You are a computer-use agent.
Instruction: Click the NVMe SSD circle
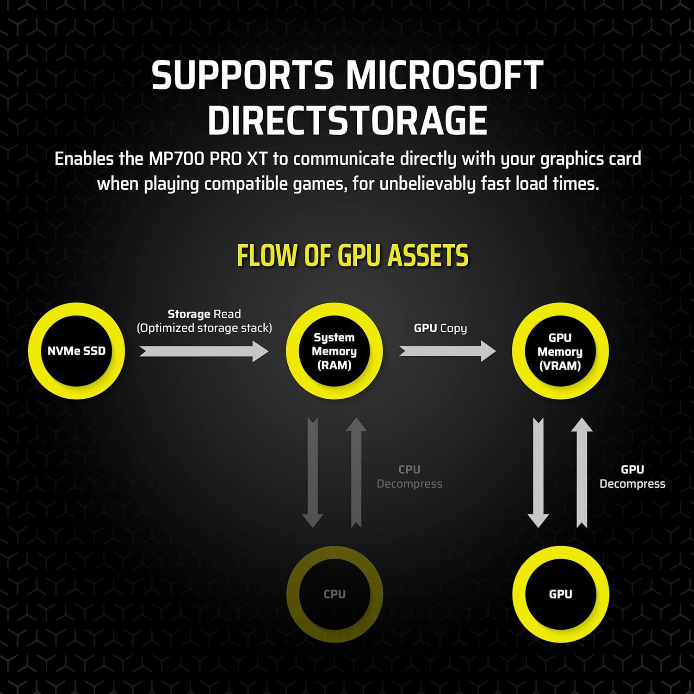pyautogui.click(x=76, y=351)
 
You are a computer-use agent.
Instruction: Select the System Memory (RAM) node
pyautogui.click(x=334, y=351)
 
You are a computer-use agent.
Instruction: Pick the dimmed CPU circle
pyautogui.click(x=335, y=594)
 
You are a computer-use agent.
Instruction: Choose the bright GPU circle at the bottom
pyautogui.click(x=560, y=594)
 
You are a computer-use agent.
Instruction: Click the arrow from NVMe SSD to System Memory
pyautogui.click(x=204, y=352)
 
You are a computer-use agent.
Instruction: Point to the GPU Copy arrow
pyautogui.click(x=447, y=352)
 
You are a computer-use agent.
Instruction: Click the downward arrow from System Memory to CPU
pyautogui.click(x=313, y=472)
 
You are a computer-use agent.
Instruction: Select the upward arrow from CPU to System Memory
pyautogui.click(x=356, y=472)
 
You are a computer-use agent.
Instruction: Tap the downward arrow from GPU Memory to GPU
pyautogui.click(x=538, y=472)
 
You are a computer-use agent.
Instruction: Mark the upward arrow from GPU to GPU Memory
pyautogui.click(x=582, y=472)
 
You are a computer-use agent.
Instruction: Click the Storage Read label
pyautogui.click(x=204, y=315)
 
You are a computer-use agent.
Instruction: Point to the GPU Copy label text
pyautogui.click(x=440, y=328)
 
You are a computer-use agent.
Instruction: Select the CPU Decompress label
pyautogui.click(x=409, y=477)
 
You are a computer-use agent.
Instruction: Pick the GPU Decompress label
pyautogui.click(x=632, y=477)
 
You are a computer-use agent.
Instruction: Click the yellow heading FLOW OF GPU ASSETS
pyautogui.click(x=353, y=255)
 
